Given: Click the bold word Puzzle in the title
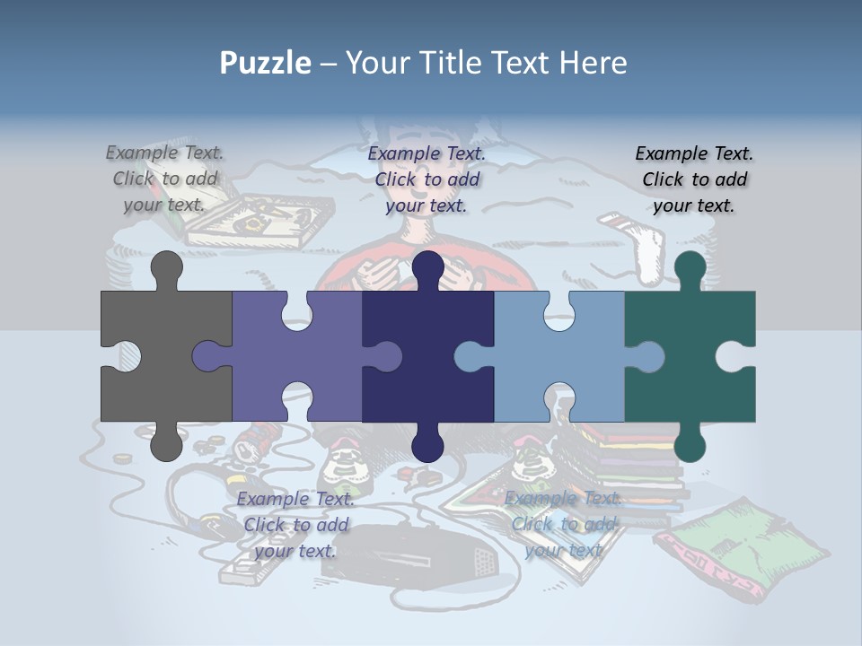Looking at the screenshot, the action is (266, 63).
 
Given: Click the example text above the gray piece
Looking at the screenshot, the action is (164, 179).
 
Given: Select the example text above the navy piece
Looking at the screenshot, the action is (427, 179).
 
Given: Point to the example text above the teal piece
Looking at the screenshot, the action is (694, 179).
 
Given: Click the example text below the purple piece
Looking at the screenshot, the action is (295, 525).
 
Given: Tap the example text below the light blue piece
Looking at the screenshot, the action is (563, 525).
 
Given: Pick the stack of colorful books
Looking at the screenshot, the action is (629, 467).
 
